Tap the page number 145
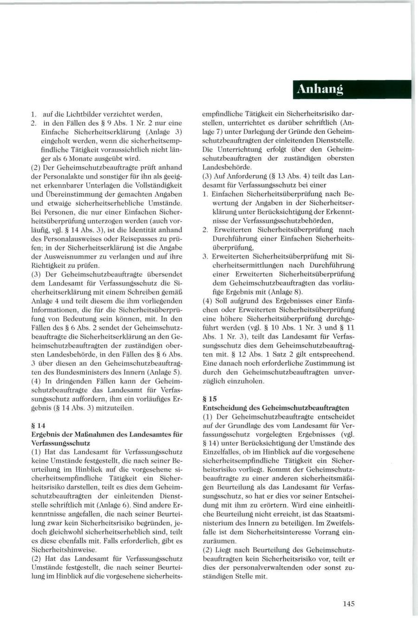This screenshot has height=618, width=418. [x=349, y=604]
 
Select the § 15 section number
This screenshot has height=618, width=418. [x=209, y=399]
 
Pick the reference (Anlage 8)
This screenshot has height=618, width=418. [x=285, y=292]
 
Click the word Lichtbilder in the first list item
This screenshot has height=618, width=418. [x=84, y=114]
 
